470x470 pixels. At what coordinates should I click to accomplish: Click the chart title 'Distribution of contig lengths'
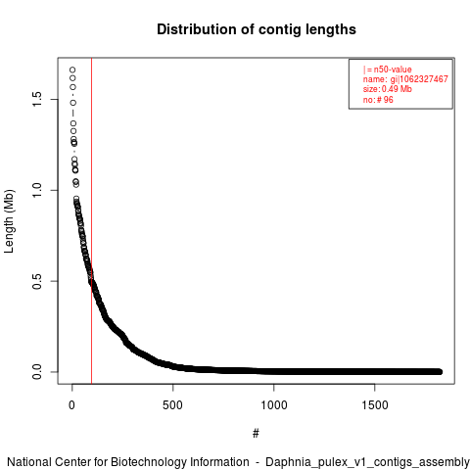pyautogui.click(x=257, y=29)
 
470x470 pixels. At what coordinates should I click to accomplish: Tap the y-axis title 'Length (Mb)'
pyautogui.click(x=9, y=221)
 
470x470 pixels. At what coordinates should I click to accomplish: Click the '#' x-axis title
pyautogui.click(x=256, y=434)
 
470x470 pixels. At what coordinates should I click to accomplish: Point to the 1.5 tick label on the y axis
pyautogui.click(x=37, y=99)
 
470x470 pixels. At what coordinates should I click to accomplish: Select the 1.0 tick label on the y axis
pyautogui.click(x=37, y=190)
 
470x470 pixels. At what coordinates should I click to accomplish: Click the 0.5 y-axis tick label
pyautogui.click(x=37, y=281)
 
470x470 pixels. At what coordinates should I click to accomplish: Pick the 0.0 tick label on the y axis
pyautogui.click(x=37, y=372)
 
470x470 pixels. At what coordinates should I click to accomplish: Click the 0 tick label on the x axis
pyautogui.click(x=71, y=405)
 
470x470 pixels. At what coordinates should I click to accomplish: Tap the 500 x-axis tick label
pyautogui.click(x=172, y=405)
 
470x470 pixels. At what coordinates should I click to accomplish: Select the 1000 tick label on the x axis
pyautogui.click(x=274, y=405)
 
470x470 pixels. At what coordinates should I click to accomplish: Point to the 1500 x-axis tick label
pyautogui.click(x=375, y=405)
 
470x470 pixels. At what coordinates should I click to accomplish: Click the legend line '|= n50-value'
pyautogui.click(x=388, y=70)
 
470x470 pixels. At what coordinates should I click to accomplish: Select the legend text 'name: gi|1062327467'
pyautogui.click(x=405, y=79)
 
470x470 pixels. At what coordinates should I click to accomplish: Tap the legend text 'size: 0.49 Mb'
pyautogui.click(x=388, y=89)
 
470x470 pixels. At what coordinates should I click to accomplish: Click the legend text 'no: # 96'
pyautogui.click(x=378, y=100)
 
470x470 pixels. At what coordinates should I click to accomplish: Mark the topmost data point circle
pyautogui.click(x=72, y=70)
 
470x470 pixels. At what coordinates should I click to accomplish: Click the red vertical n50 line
pyautogui.click(x=92, y=221)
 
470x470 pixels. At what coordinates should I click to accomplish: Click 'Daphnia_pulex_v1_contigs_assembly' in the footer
pyautogui.click(x=367, y=462)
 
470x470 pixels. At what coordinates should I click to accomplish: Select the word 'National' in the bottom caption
pyautogui.click(x=29, y=462)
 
